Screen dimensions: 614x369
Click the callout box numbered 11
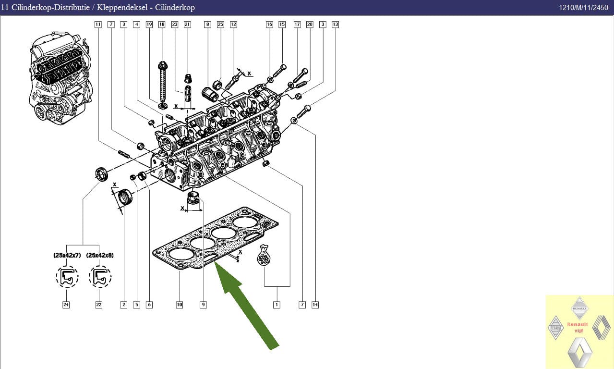pos(98,25)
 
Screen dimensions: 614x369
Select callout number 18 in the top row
pos(162,25)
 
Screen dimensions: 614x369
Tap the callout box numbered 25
pos(220,25)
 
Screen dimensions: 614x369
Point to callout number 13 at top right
pos(335,25)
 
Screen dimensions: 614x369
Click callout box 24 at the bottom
pos(66,305)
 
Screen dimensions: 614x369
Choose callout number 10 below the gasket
pos(179,305)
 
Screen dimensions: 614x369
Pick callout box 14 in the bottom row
pos(315,305)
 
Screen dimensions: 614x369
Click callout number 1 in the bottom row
pos(277,305)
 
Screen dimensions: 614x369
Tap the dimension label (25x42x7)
pos(67,255)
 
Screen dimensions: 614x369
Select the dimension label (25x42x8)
pos(100,255)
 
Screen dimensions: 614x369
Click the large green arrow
pos(245,305)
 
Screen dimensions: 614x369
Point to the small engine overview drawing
pos(60,78)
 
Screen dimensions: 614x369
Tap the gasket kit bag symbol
pos(264,255)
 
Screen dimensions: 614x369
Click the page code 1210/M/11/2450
pos(584,7)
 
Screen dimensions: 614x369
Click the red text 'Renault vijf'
pos(578,327)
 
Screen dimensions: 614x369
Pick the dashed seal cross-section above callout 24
pos(67,277)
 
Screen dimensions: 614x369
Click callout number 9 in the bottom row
pos(203,305)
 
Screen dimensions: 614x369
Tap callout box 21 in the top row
pos(187,25)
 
